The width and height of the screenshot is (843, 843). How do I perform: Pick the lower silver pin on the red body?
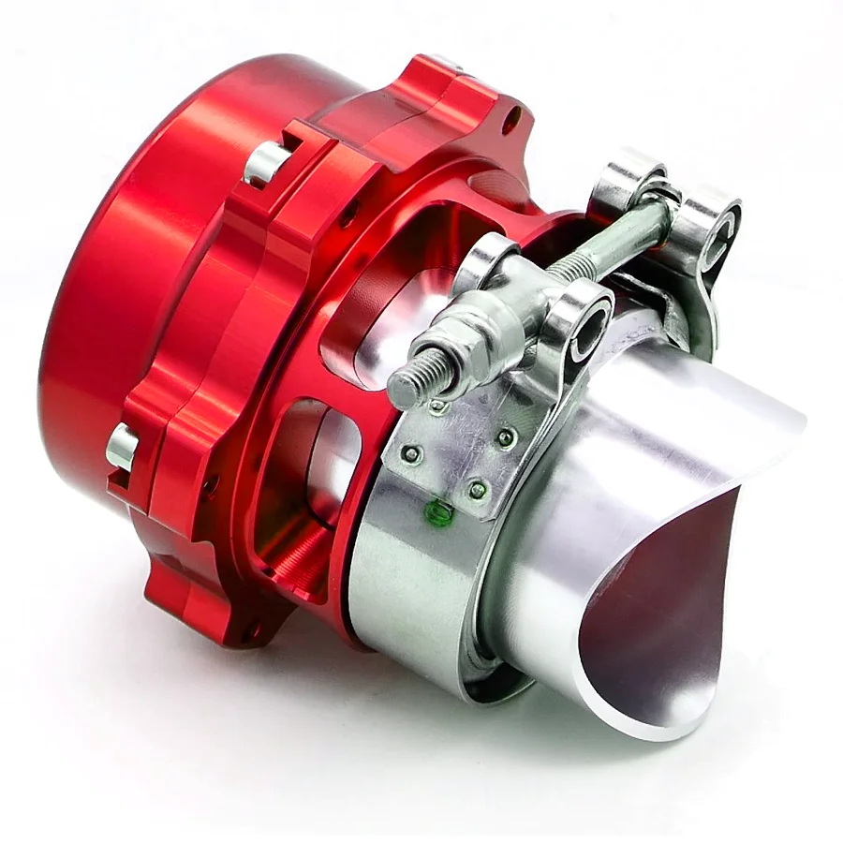point(122,447)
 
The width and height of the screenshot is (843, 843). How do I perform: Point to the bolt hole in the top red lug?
point(512,120)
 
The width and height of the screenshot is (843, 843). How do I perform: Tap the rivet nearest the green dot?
point(476,489)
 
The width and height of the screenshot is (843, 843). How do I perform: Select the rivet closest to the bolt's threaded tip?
point(436,407)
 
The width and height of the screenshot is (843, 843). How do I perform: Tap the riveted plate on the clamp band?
point(459,450)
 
